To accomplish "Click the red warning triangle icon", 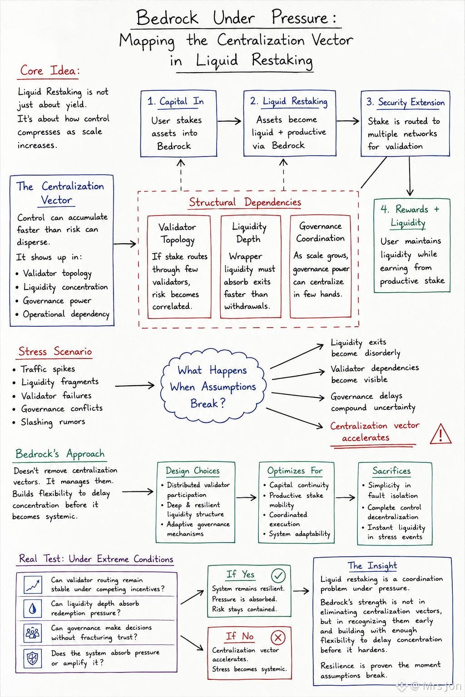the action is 440,434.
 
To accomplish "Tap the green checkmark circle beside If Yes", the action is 278,575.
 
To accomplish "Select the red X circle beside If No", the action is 278,638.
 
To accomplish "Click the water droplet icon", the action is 33,609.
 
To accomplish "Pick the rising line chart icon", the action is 33,585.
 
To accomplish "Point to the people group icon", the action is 33,633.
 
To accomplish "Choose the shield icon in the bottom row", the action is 33,658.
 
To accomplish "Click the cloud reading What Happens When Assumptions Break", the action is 213,387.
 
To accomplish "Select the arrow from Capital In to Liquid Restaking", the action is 229,121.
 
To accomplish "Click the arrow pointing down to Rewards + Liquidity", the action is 410,176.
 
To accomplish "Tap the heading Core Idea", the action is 50,71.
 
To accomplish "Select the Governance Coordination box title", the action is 320,232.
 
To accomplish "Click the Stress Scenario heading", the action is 55,352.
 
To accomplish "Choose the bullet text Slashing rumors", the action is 53,422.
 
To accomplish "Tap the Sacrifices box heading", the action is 391,471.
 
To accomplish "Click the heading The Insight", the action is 372,566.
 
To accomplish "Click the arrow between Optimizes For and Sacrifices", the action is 346,497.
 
